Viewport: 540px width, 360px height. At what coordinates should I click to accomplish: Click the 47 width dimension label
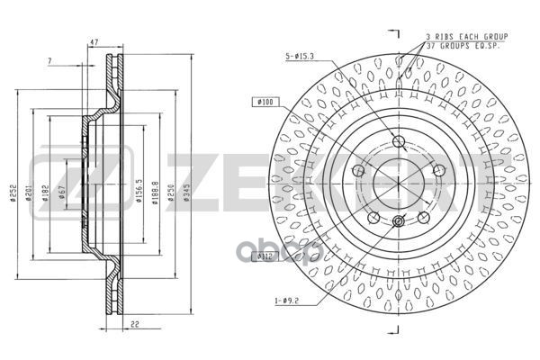coord(94,42)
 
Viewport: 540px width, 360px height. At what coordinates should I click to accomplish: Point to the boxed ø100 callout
coord(265,103)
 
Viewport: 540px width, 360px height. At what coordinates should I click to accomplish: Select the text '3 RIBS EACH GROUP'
coord(467,36)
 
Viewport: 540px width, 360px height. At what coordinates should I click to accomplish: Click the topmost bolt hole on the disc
coord(399,140)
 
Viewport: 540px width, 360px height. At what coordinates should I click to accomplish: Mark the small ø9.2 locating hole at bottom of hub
coord(398,221)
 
